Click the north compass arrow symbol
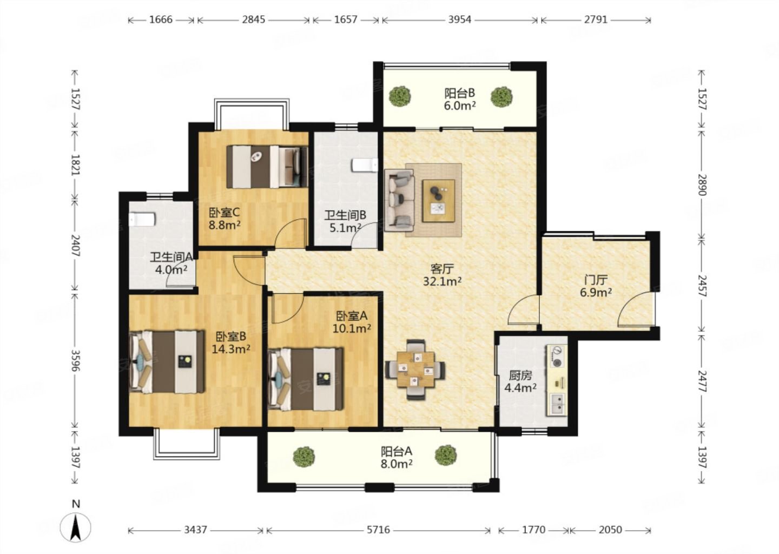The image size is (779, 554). coord(76,526)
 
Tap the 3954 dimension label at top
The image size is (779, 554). coord(460,19)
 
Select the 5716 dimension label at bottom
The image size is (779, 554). coord(378,530)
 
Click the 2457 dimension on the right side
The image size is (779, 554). coord(702,286)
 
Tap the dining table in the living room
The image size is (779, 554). coord(415,370)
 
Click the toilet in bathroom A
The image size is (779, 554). coord(142,219)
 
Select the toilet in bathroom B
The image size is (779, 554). coord(365,164)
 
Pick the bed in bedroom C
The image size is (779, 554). coord(267,167)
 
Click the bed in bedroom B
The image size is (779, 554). coord(167,361)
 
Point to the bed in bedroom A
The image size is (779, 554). coord(306,379)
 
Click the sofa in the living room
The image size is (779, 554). coord(399,200)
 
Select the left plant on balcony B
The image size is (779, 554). coord(400,96)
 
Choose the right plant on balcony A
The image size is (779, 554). coord(446,455)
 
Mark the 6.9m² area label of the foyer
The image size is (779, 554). coord(596,293)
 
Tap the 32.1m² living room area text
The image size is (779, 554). coord(442,281)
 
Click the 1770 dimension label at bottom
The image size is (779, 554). coord(534,530)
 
